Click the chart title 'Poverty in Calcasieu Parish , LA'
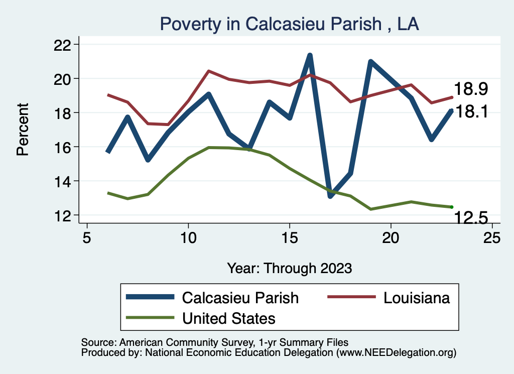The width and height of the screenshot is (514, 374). pyautogui.click(x=289, y=24)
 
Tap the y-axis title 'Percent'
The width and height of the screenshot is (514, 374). pyautogui.click(x=23, y=129)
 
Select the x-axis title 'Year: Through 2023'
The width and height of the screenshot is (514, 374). pyautogui.click(x=289, y=268)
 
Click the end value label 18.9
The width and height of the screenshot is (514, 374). pyautogui.click(x=471, y=89)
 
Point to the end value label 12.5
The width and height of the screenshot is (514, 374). pyautogui.click(x=471, y=217)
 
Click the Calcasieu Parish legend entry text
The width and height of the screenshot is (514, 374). pyautogui.click(x=240, y=298)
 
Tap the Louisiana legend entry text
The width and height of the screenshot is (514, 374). pyautogui.click(x=416, y=298)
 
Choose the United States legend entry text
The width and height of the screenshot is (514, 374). pyautogui.click(x=228, y=318)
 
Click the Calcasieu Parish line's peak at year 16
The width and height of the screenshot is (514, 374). pyautogui.click(x=310, y=55)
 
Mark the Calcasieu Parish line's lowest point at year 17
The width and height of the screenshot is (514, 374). pyautogui.click(x=330, y=196)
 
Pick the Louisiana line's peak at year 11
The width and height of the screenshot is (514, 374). pyautogui.click(x=208, y=71)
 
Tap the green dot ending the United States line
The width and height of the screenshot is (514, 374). pyautogui.click(x=452, y=207)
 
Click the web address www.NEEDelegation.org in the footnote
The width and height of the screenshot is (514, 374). pyautogui.click(x=396, y=352)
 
